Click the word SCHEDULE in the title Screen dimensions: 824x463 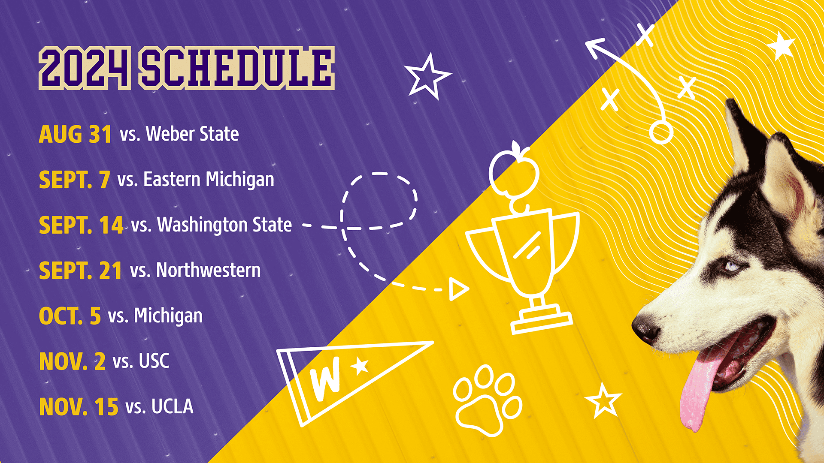[236, 68]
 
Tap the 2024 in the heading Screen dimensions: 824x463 [85, 68]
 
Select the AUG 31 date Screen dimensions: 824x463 [76, 134]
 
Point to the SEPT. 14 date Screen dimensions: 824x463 [81, 225]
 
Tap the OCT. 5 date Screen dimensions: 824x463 [70, 316]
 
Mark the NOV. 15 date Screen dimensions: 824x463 [79, 407]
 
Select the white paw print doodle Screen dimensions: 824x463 [487, 401]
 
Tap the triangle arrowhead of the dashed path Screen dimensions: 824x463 [458, 289]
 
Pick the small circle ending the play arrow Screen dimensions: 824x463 [660, 133]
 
